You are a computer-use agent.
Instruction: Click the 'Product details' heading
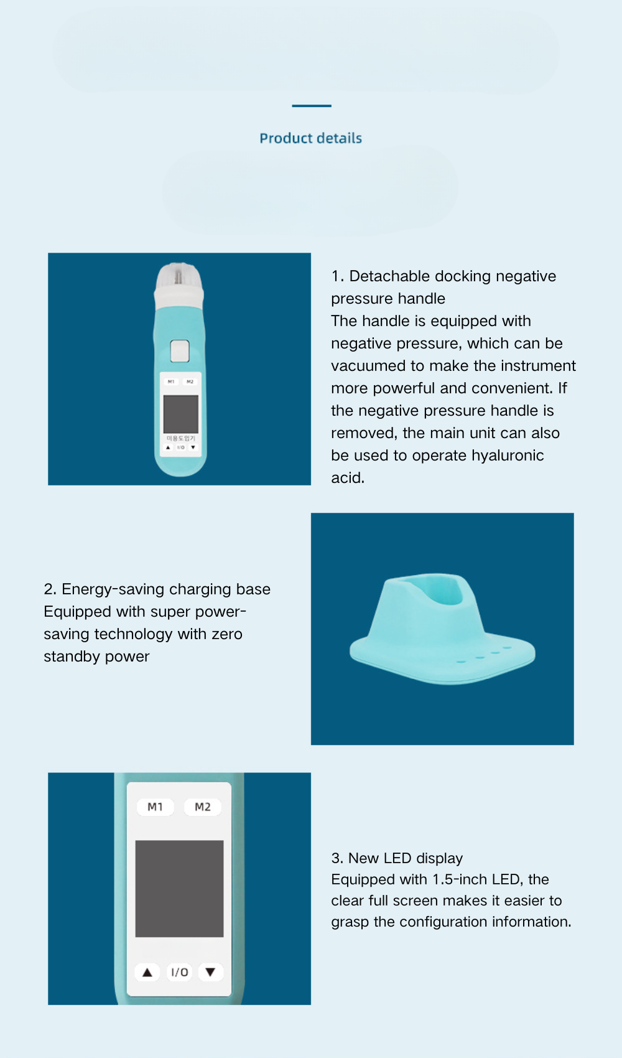tap(310, 138)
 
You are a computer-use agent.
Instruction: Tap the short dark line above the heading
tap(312, 106)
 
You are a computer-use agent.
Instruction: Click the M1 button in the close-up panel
tap(155, 807)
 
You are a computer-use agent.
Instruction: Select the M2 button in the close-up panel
tap(202, 807)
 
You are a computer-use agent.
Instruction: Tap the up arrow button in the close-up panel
tap(147, 972)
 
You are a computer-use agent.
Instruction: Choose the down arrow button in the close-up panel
tap(210, 971)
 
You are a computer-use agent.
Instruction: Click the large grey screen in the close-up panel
tap(179, 888)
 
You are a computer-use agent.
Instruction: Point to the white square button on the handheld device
tap(179, 351)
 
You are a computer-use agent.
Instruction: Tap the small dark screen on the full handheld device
tap(181, 414)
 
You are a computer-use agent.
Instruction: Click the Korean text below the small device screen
tap(181, 438)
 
